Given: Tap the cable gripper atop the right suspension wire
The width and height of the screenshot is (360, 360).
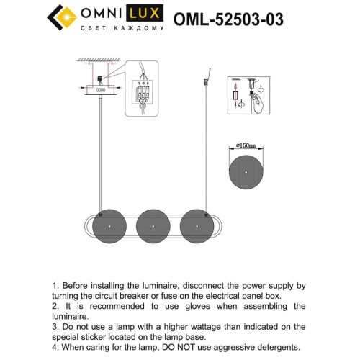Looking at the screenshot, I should click(x=207, y=75).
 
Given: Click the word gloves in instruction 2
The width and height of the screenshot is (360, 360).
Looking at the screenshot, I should click(x=212, y=306).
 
